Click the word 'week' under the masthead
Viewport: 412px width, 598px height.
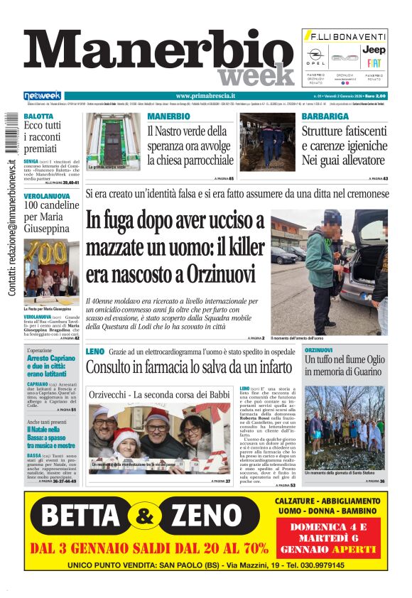tap(255, 75)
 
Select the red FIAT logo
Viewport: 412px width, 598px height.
tap(374, 62)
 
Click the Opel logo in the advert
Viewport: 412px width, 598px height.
tap(315, 57)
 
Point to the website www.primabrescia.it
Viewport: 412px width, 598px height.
tap(206, 96)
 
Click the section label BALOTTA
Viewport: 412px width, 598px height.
tap(38, 116)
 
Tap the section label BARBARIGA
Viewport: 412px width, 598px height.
tap(325, 116)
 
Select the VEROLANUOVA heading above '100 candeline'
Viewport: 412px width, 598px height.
tap(47, 195)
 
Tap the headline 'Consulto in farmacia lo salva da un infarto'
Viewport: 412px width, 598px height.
tap(189, 368)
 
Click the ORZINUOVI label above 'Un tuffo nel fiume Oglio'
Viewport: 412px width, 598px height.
tap(318, 351)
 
